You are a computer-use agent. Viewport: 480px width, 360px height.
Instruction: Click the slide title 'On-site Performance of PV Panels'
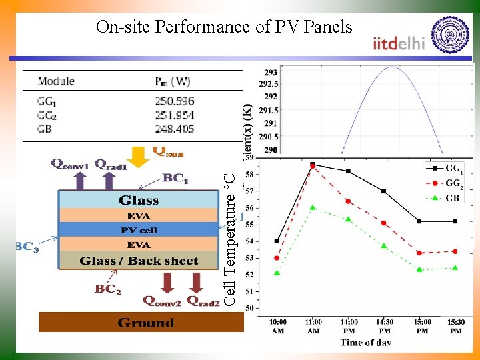click(223, 27)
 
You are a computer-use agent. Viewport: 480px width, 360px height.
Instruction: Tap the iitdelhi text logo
click(398, 43)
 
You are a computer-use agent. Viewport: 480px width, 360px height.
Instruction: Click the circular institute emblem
click(451, 34)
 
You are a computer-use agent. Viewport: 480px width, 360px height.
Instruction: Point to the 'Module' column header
click(56, 81)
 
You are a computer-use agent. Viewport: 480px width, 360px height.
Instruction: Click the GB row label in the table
click(45, 128)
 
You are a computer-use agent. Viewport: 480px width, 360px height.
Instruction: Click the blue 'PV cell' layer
click(139, 230)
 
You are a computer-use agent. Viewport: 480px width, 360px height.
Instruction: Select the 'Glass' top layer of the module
click(139, 200)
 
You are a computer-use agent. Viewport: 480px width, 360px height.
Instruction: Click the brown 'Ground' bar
click(145, 323)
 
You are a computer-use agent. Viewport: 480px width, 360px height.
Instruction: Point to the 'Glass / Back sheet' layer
click(139, 261)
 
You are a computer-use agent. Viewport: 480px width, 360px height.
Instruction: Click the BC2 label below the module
click(107, 289)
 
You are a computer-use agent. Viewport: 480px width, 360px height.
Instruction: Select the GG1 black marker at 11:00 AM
click(312, 164)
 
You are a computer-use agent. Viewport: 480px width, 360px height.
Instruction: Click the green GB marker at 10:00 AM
click(277, 273)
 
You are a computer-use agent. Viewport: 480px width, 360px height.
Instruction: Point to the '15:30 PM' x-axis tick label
click(455, 327)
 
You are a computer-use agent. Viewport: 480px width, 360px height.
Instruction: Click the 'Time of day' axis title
click(366, 343)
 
